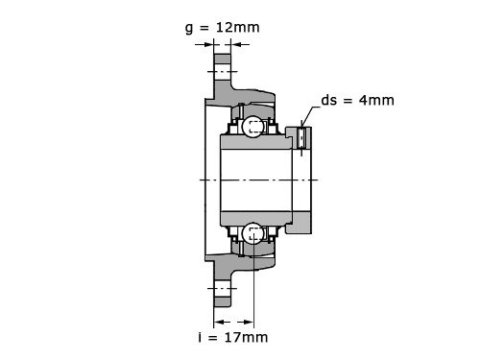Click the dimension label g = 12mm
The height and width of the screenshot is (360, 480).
coord(223,28)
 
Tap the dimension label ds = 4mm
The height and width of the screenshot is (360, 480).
coord(357,100)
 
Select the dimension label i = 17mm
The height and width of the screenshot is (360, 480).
coord(233,337)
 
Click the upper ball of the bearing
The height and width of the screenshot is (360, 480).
coord(252,127)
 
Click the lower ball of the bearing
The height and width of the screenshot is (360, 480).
coord(252,233)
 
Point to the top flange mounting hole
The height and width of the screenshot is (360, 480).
coord(222,72)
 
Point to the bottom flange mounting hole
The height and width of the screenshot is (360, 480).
coord(222,289)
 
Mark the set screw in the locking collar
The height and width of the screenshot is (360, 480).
coord(301,137)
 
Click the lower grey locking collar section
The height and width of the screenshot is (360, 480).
coord(299,223)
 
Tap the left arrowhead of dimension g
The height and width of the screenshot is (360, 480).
coord(208,44)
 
